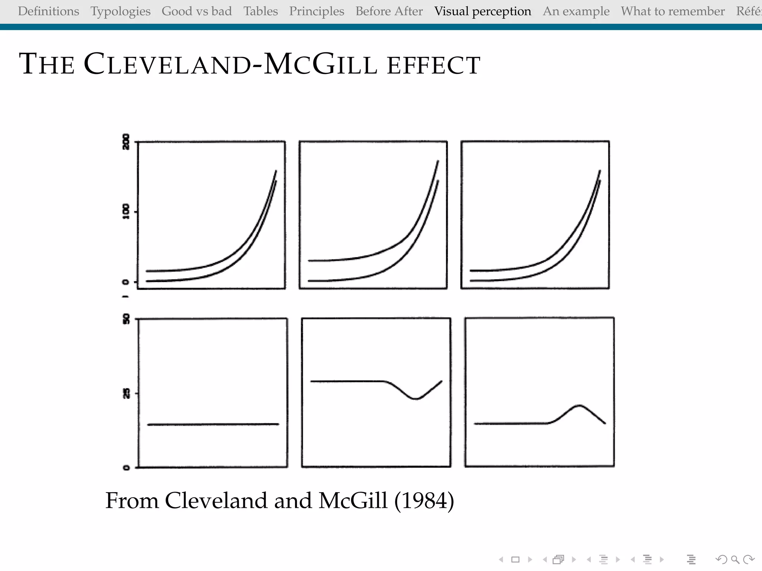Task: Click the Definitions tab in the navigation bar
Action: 48,11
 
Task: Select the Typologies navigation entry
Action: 120,11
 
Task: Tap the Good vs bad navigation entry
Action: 196,11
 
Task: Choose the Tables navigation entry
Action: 260,11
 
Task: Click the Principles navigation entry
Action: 317,11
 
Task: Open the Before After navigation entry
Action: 389,11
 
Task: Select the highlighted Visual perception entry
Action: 483,11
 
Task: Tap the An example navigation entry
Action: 576,11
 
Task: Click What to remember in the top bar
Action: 673,11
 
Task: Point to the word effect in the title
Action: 433,65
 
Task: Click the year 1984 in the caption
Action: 424,500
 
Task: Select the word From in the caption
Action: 132,500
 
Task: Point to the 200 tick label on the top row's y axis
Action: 126,142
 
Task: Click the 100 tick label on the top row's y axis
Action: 126,212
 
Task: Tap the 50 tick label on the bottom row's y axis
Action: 126,319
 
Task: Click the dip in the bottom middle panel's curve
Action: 416,399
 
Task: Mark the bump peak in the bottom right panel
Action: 580,405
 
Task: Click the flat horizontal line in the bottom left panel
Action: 213,424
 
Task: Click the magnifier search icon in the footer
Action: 735,559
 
